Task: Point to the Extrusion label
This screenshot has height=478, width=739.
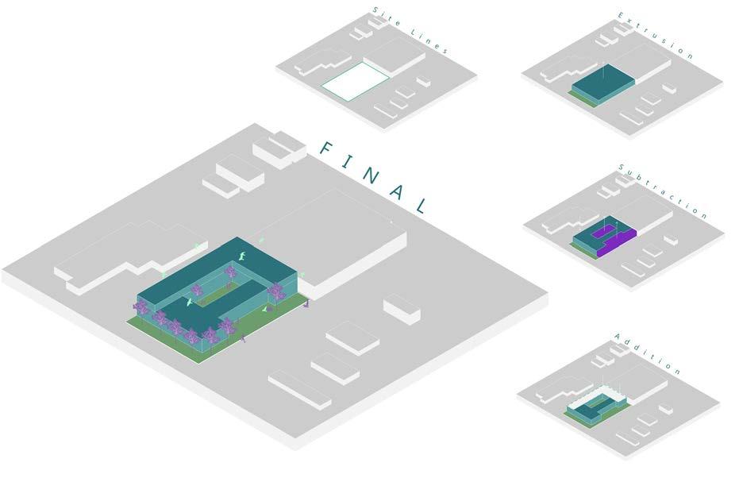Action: coord(656,36)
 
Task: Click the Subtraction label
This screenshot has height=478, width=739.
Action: coord(662,191)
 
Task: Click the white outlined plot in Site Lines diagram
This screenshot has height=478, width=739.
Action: coord(355,82)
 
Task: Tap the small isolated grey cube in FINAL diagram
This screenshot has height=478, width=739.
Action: coord(401,309)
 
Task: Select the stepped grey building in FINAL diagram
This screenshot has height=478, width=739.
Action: coord(119,254)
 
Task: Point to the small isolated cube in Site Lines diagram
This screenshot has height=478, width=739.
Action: coord(424,80)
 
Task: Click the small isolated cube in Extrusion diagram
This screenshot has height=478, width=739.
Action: coord(669,87)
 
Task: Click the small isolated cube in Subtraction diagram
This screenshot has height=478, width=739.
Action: coord(671,237)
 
